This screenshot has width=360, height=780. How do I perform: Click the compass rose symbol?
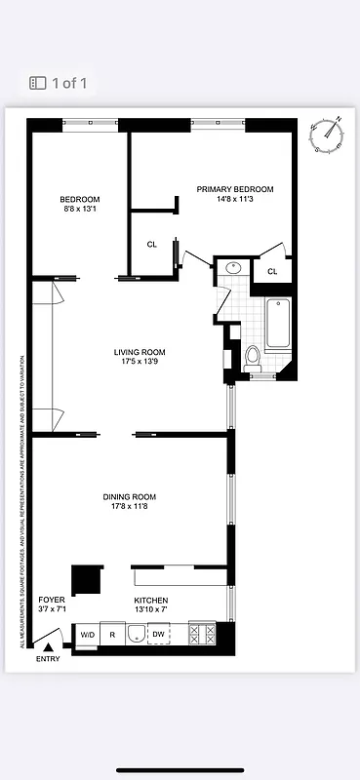coord(330,136)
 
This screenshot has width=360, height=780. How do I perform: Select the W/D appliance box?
coord(87,635)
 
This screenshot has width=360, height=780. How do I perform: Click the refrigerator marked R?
coord(112,635)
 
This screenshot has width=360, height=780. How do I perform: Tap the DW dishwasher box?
coord(158,635)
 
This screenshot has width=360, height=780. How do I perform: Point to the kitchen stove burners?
coord(201,634)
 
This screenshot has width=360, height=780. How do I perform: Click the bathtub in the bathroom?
coord(276,325)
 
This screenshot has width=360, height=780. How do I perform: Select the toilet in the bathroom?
coord(252,356)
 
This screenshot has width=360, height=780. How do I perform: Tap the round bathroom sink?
coord(234,267)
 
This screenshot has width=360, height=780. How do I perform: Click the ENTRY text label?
coord(48,659)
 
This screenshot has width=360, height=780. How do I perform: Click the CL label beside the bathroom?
coord(272,271)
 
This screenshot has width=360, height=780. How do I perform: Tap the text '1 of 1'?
coord(70,83)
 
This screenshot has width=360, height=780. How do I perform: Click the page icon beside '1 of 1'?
coord(38,83)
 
